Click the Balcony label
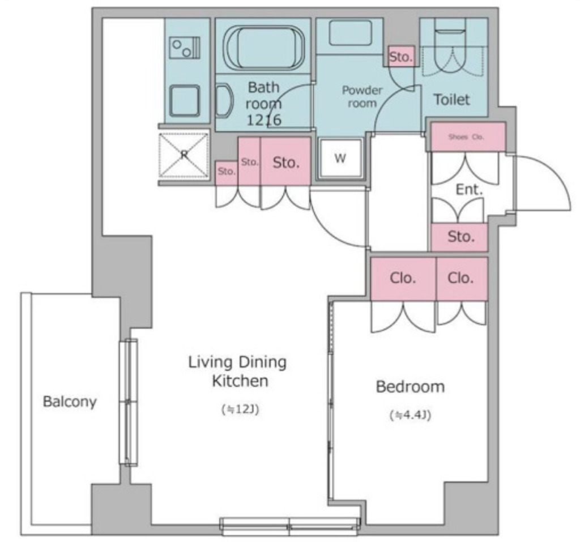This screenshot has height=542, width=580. point(70,402)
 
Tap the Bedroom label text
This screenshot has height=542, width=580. point(410,387)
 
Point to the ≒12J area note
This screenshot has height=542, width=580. point(240,409)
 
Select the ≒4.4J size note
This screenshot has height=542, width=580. point(410,415)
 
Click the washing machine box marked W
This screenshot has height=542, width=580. point(340,159)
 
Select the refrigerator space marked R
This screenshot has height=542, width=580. point(184,154)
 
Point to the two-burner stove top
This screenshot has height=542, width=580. point(185,48)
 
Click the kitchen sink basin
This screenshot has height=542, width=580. point(185,100)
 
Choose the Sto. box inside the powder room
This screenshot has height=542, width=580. point(401,57)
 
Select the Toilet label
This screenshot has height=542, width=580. point(451,100)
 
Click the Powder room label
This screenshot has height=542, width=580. point(362,96)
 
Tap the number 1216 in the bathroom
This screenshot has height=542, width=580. point(264,120)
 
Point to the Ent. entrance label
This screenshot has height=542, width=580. point(470,189)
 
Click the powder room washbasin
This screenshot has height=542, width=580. point(350,33)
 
